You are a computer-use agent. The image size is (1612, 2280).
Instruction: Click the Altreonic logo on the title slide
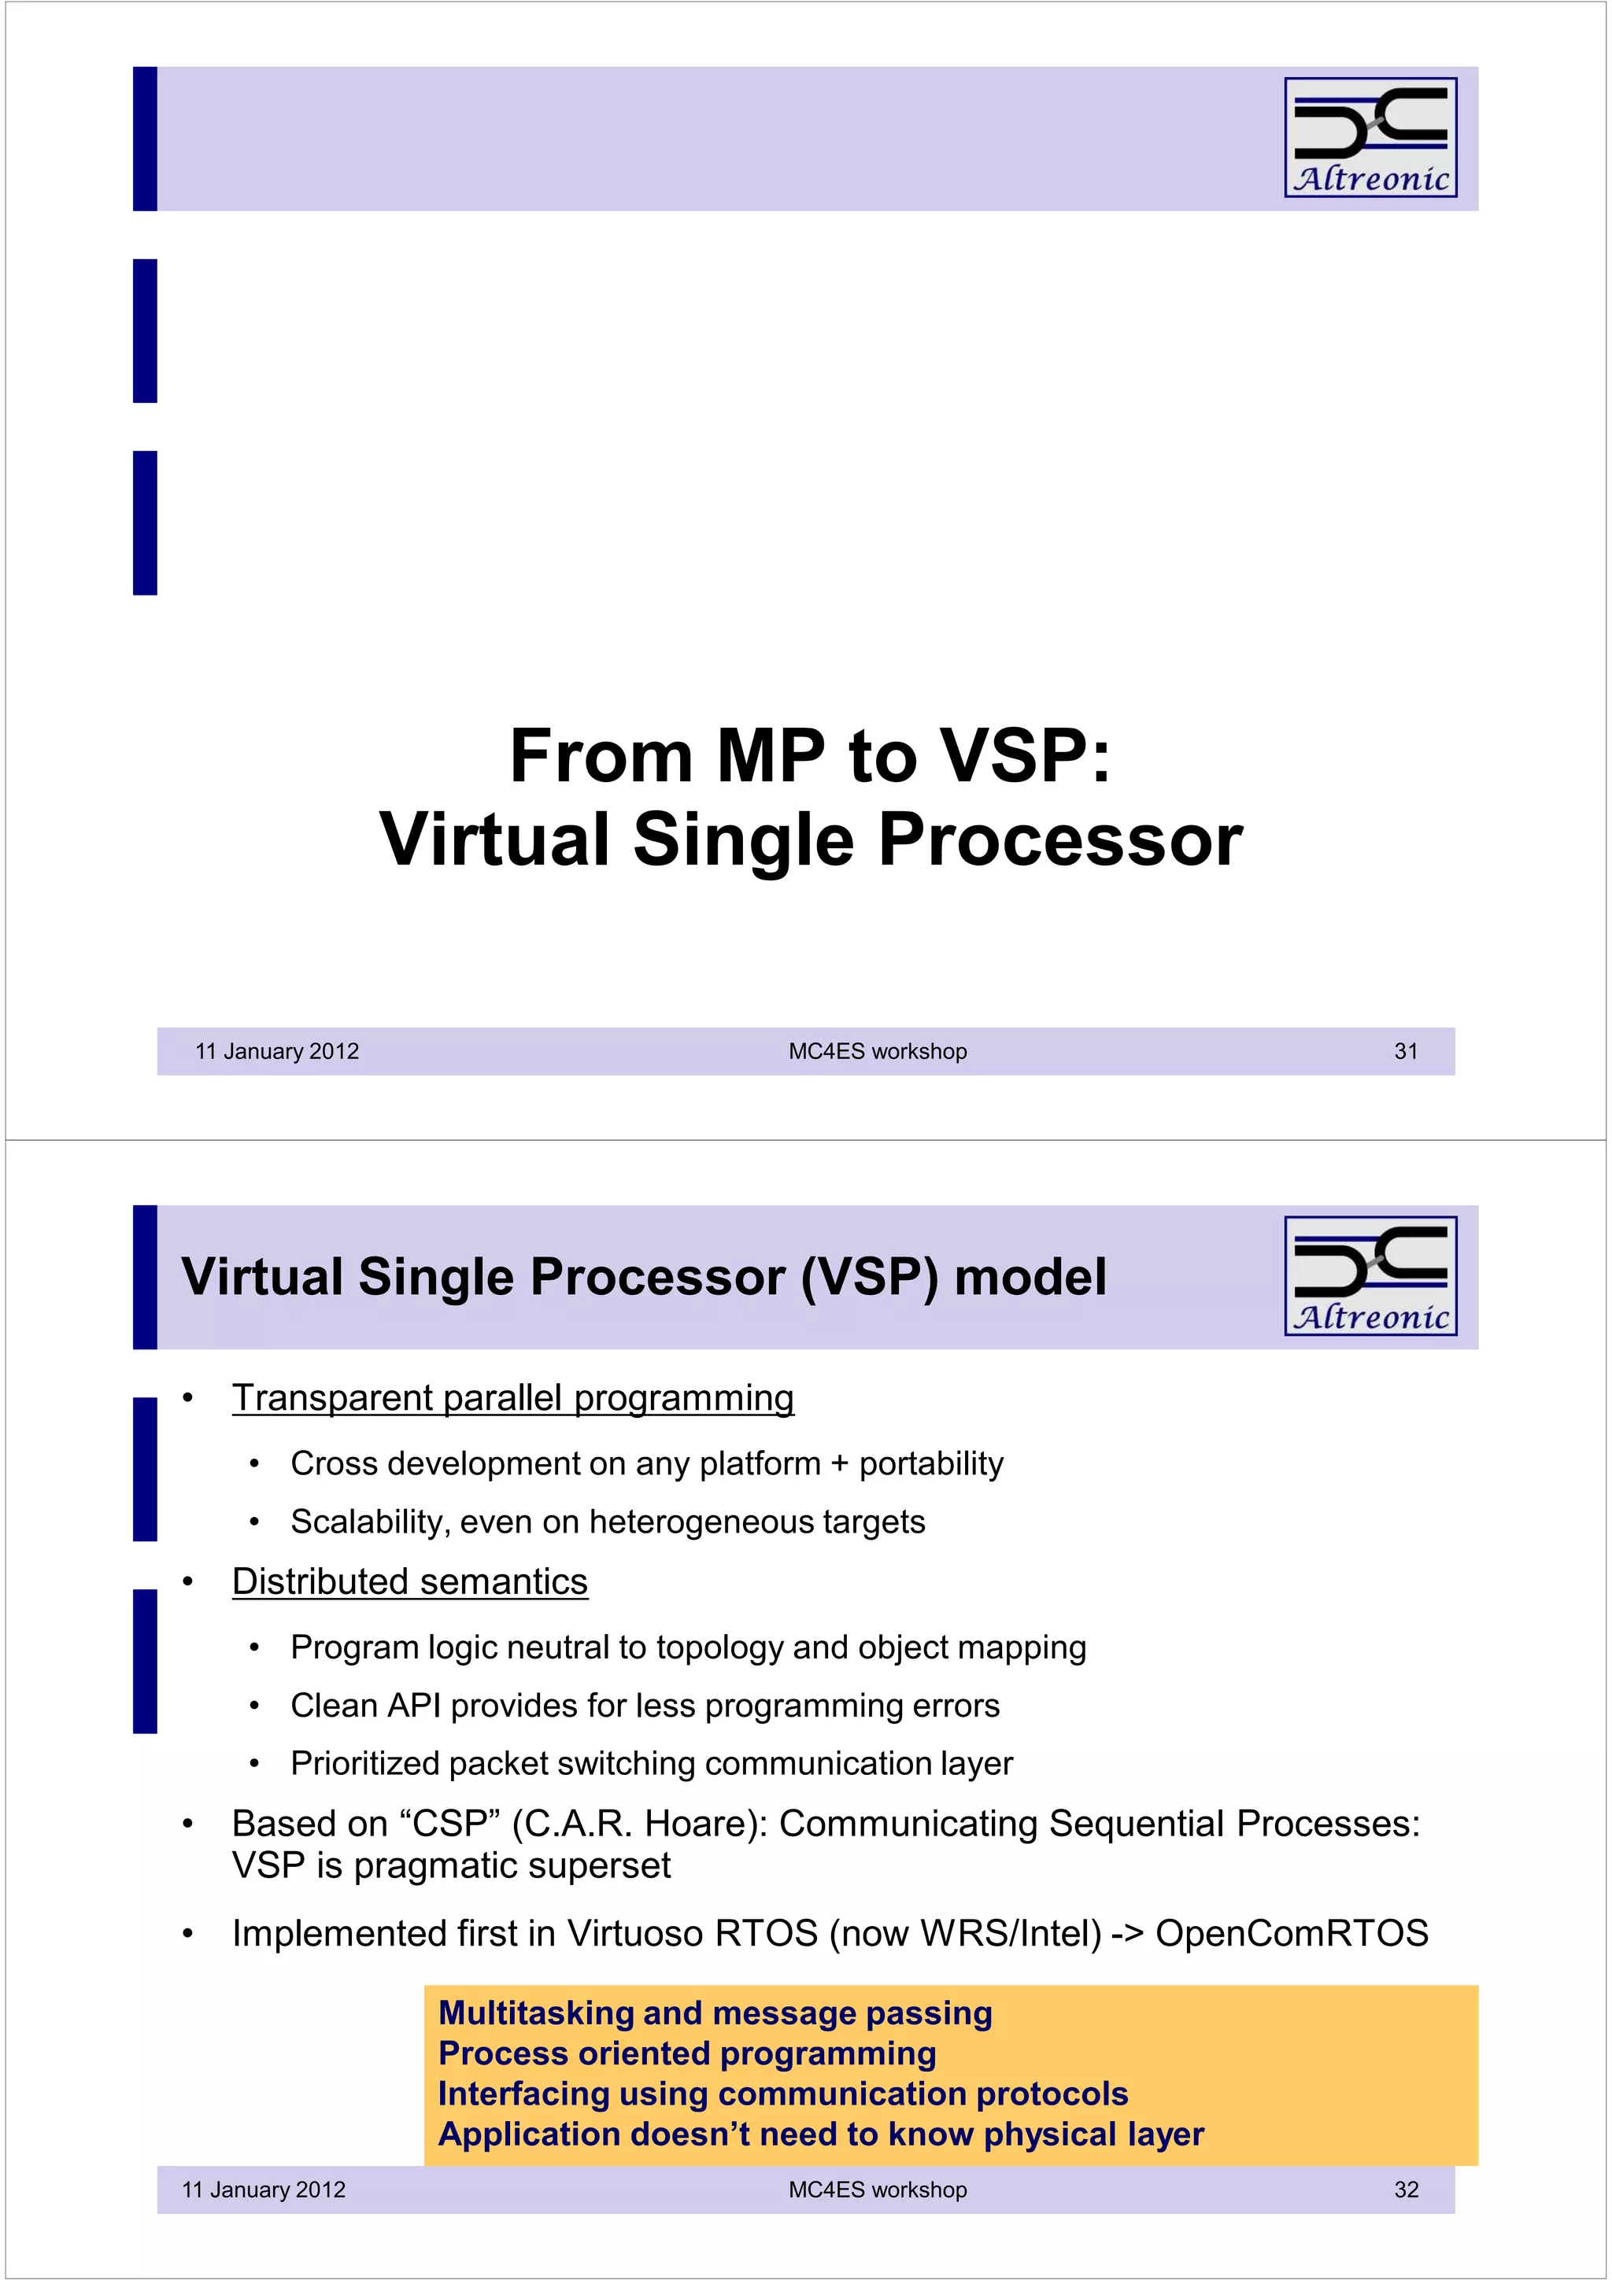coord(1370,137)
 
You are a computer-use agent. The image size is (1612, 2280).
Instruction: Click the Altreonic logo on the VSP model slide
coord(1370,1275)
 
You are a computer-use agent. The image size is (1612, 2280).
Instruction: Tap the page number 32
coord(1406,2189)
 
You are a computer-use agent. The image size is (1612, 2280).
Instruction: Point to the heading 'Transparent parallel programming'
coord(512,1397)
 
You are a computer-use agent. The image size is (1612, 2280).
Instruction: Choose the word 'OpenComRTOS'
coord(1291,1932)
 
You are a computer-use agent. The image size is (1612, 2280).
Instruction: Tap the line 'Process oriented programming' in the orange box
coord(687,2053)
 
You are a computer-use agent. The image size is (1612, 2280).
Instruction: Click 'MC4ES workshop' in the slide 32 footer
coord(877,2189)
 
